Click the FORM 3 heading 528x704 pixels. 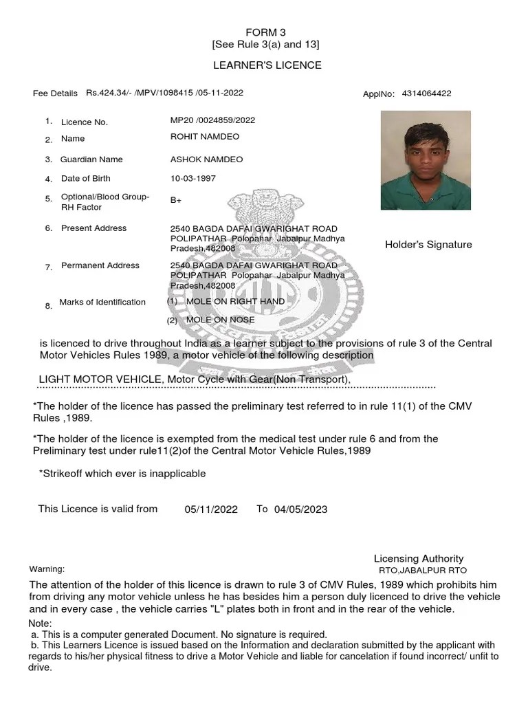coord(265,32)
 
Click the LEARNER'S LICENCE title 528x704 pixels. coord(267,65)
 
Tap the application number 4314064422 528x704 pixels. coord(426,93)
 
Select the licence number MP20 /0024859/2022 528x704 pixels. coord(212,120)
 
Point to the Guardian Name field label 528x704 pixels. coord(91,159)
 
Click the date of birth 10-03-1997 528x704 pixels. coord(193,179)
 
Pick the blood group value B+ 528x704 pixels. coord(176,201)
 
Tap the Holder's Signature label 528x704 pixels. coord(428,245)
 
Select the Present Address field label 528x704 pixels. coord(93,228)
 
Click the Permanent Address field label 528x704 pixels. coord(100,265)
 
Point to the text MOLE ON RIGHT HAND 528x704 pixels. coord(235,301)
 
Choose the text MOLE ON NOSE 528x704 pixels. coord(220,320)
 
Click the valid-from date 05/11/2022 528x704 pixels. coord(211,509)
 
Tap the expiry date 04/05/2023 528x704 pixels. coord(300,509)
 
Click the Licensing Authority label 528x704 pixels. coord(418,559)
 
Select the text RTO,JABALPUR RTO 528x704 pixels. coord(422,571)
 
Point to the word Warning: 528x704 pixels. coord(47,569)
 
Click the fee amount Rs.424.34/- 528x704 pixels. coord(110,93)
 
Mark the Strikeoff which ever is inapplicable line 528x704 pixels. coord(122,474)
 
